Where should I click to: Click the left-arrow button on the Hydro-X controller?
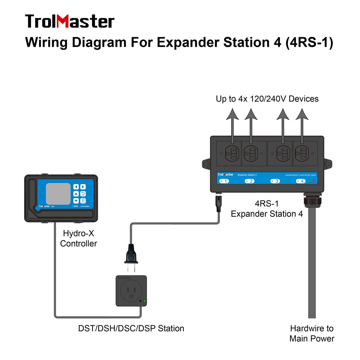click(x=76, y=187)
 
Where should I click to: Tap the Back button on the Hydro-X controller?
click(x=83, y=194)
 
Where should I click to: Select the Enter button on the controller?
click(x=83, y=201)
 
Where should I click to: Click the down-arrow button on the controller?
click(x=76, y=201)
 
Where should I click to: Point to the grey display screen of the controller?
click(x=58, y=194)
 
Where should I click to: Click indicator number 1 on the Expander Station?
click(x=224, y=181)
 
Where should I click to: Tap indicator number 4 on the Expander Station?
click(x=300, y=181)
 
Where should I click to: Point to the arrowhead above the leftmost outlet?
click(x=232, y=114)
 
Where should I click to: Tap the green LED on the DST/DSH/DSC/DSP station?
click(x=145, y=301)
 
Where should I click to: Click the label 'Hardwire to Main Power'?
click(x=312, y=333)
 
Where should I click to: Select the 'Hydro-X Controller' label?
click(x=78, y=238)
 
